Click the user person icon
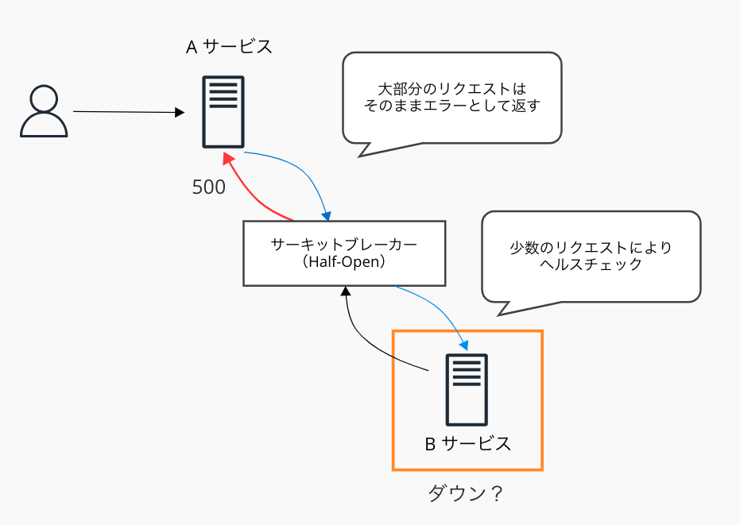point(44,113)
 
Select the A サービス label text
point(229,47)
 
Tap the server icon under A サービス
point(223,111)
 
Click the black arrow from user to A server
point(127,113)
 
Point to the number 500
point(209,187)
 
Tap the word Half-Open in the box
point(344,262)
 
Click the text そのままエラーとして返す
point(451,106)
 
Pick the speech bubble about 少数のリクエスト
point(591,256)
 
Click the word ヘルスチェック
point(591,265)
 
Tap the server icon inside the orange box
point(467,389)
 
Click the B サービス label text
point(467,444)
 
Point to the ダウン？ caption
point(466,493)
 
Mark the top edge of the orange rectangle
point(467,331)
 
